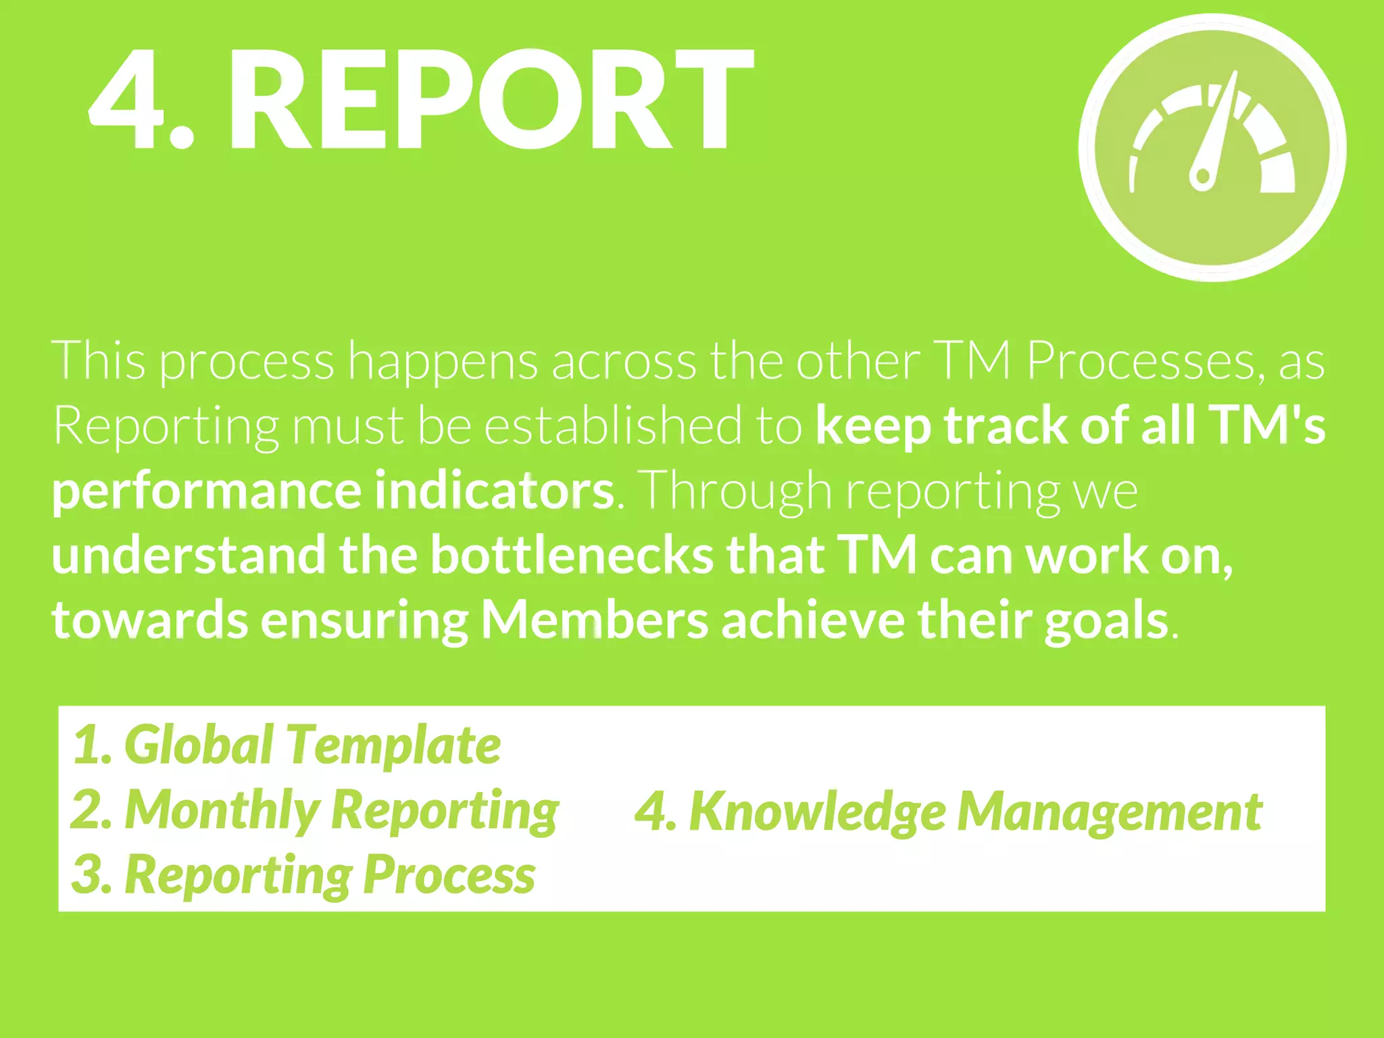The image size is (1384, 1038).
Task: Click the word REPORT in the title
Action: [490, 100]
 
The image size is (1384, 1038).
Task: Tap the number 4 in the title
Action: [128, 100]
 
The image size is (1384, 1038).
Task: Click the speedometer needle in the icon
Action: [1216, 132]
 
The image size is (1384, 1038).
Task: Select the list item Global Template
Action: [287, 745]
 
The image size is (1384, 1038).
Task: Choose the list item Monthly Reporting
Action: [315, 810]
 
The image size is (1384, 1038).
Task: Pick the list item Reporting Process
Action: [303, 874]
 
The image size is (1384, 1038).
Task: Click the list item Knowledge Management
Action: [948, 811]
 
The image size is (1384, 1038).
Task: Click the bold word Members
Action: [595, 620]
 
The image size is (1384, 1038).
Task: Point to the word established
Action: [612, 426]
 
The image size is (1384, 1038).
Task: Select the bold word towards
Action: [149, 620]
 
